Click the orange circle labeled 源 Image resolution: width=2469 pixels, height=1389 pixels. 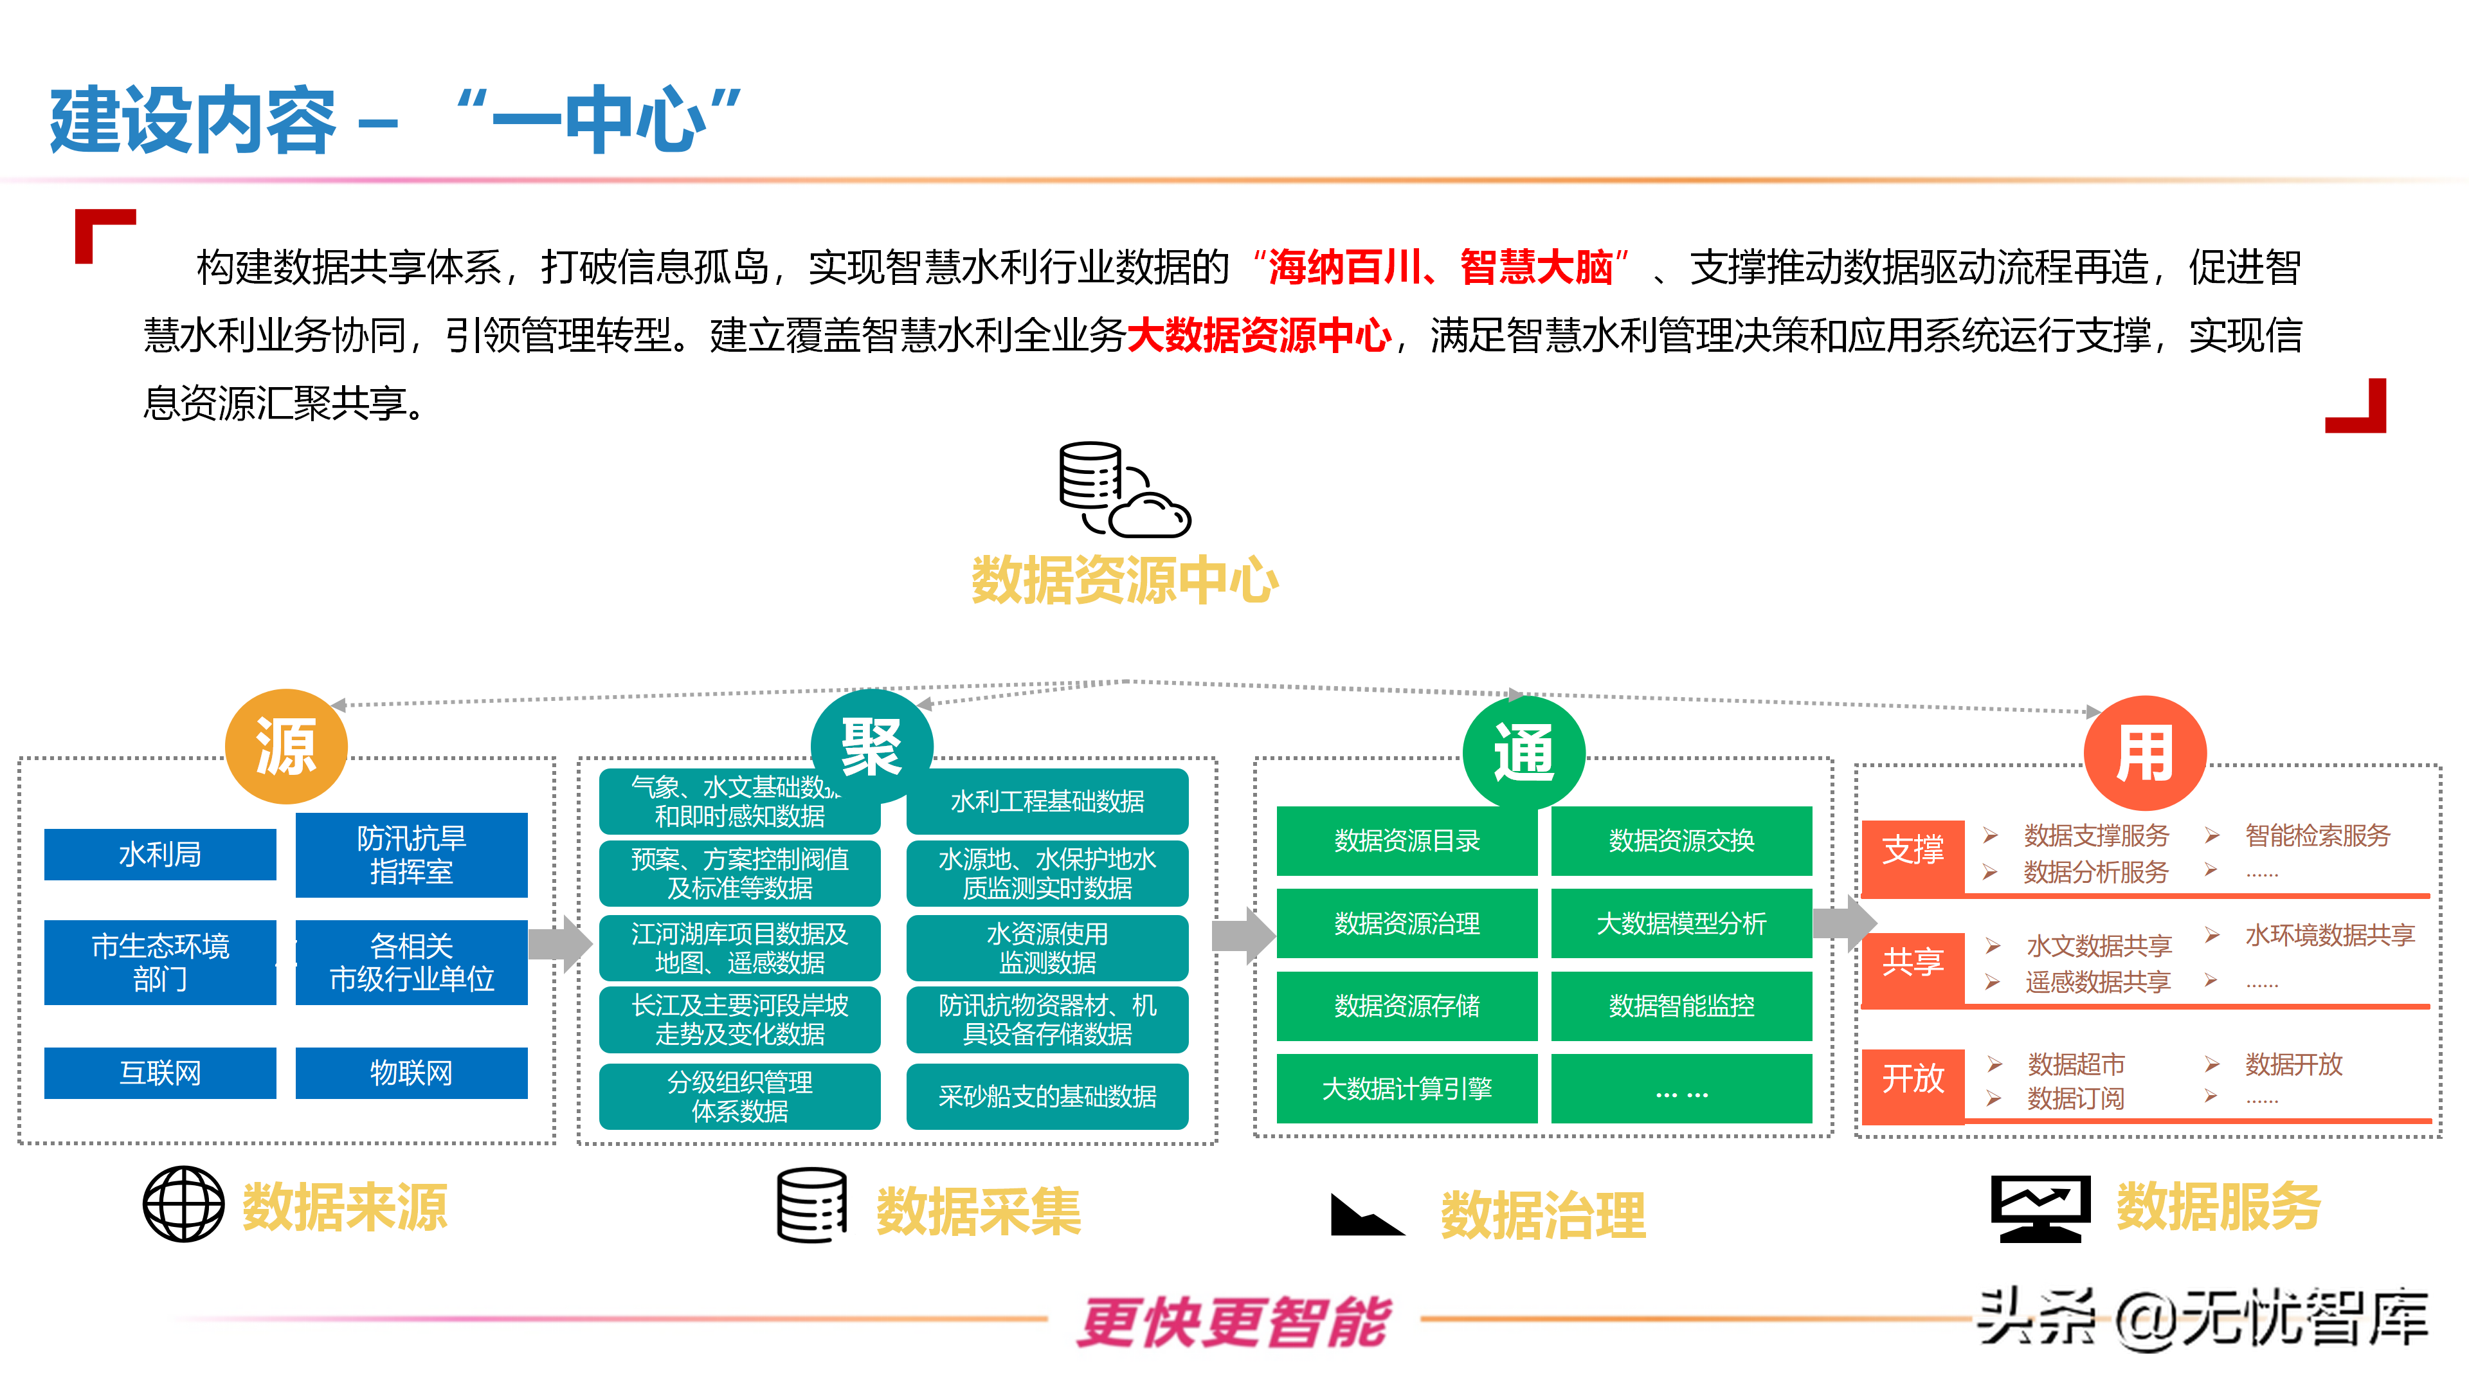[285, 747]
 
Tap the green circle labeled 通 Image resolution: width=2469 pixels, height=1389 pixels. [1523, 752]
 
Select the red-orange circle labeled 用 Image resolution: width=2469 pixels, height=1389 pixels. [2145, 754]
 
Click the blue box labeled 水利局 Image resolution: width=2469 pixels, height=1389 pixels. [160, 854]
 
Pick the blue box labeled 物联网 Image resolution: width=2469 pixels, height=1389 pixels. [411, 1073]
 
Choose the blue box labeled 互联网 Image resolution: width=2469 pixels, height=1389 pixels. [160, 1073]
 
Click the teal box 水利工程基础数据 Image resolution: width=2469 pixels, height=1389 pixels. [1047, 801]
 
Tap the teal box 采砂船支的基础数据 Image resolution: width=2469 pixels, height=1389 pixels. [1047, 1096]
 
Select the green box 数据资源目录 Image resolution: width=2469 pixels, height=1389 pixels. [1406, 840]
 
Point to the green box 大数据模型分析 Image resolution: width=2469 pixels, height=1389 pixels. [1681, 923]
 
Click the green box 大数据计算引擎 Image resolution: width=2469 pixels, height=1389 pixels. [1406, 1088]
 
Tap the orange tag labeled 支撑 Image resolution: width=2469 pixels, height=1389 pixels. [1912, 850]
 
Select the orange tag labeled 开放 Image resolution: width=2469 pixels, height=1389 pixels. [1912, 1078]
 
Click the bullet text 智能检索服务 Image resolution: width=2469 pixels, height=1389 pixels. [2317, 836]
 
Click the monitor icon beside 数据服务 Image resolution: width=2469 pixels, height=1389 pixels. [2039, 1208]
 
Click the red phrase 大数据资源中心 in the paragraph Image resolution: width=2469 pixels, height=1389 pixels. [1258, 336]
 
